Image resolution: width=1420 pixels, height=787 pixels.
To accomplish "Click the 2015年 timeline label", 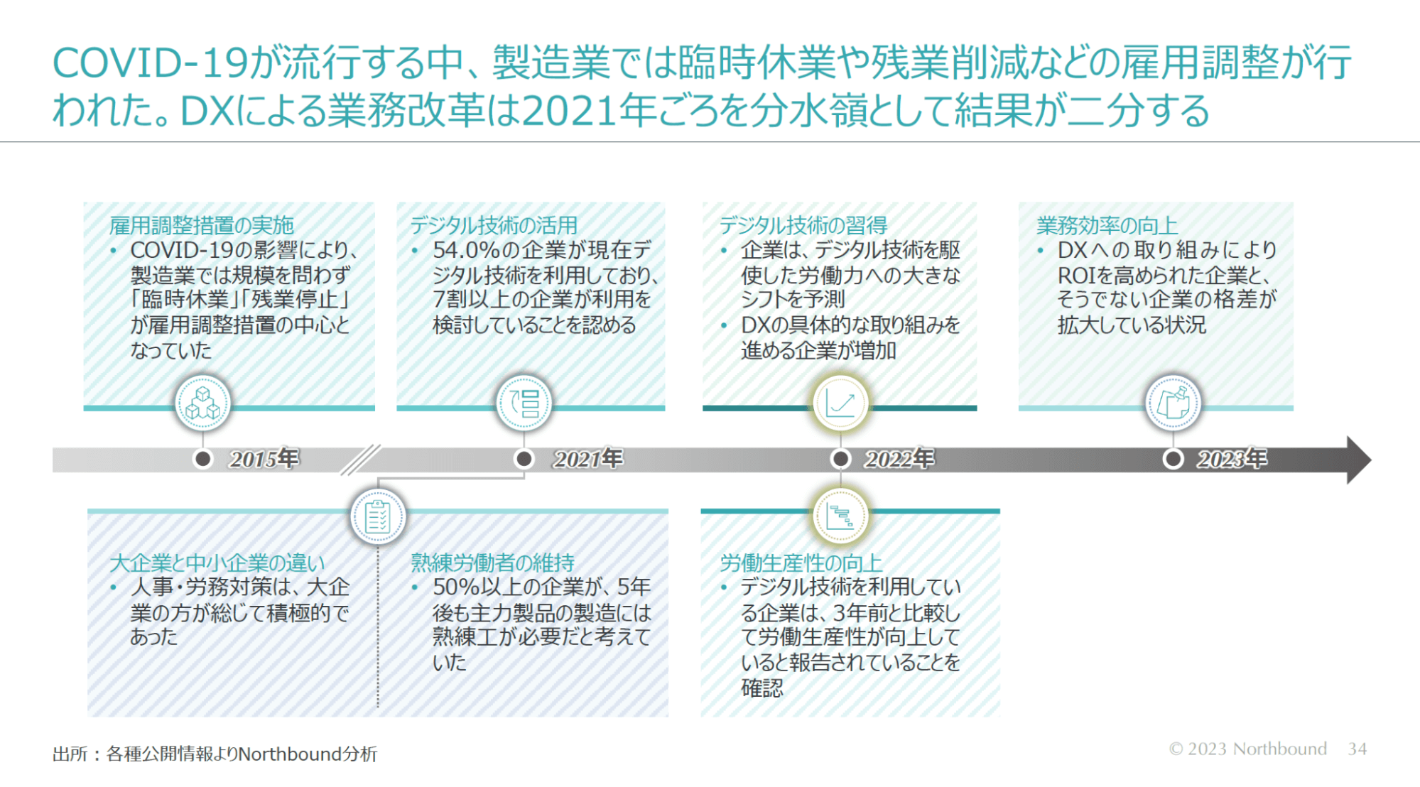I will click(264, 459).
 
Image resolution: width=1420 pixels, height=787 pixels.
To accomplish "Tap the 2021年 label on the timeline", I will click(588, 459).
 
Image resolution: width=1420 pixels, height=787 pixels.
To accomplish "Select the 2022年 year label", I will click(899, 459).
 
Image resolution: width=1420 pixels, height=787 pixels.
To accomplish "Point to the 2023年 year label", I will click(1232, 459).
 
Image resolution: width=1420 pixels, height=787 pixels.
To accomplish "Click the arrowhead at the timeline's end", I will click(1357, 460).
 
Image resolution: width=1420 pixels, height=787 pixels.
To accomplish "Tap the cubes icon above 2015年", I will click(203, 403).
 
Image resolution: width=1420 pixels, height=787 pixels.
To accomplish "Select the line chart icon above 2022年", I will click(840, 403).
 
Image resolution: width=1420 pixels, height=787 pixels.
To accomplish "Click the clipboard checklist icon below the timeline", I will click(378, 516).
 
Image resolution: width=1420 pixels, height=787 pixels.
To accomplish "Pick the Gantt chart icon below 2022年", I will click(840, 516).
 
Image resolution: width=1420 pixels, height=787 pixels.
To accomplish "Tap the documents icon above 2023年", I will click(1173, 403).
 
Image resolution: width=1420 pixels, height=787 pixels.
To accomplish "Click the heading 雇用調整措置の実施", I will click(201, 225).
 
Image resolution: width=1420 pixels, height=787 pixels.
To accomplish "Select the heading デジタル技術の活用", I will click(494, 225).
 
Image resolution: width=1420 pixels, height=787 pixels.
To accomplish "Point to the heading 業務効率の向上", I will click(1107, 225).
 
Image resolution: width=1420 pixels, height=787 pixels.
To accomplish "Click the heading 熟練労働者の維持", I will click(492, 563).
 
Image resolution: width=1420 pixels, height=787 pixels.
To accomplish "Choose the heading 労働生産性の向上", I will click(801, 563).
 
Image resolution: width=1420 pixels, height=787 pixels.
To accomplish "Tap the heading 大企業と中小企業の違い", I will click(217, 563).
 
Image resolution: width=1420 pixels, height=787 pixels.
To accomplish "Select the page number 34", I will click(1357, 749).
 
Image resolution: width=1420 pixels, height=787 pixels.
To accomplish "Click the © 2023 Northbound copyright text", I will click(1247, 749).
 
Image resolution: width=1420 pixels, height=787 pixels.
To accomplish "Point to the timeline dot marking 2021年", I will click(524, 459).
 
